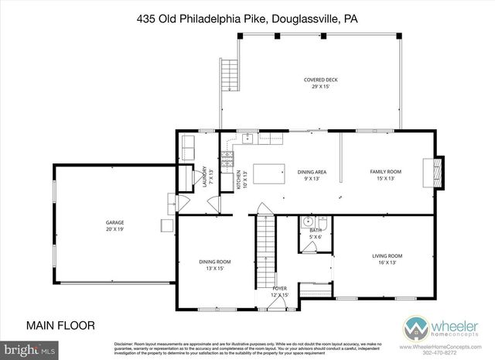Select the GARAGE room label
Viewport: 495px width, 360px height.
pyautogui.click(x=115, y=225)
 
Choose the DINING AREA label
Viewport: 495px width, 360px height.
pyautogui.click(x=312, y=174)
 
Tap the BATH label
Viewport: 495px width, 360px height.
pyautogui.click(x=316, y=233)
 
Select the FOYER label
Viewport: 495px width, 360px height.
pyautogui.click(x=280, y=291)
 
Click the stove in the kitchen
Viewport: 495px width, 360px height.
pyautogui.click(x=227, y=161)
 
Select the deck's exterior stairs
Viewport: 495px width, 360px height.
pyautogui.click(x=228, y=75)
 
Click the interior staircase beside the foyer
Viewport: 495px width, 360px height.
pyautogui.click(x=266, y=240)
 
